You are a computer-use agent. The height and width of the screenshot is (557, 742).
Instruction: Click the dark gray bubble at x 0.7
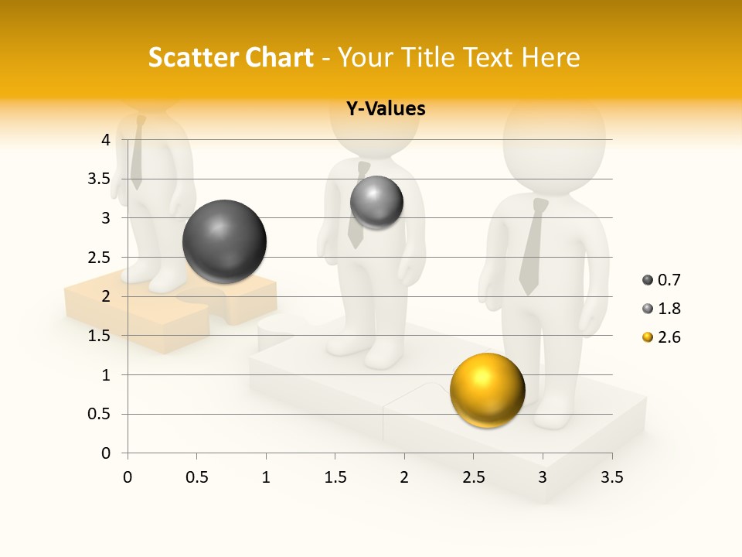pos(224,241)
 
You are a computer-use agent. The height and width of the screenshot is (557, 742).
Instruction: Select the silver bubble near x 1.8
pos(376,203)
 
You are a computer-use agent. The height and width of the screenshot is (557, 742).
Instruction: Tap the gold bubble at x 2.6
pos(487,391)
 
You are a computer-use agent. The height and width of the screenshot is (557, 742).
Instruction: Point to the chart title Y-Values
pos(385,109)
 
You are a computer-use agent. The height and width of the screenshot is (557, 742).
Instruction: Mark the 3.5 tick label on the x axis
pos(611,477)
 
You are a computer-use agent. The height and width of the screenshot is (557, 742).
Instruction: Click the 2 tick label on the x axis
pos(404,477)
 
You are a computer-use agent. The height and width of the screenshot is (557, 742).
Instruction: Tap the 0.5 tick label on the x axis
pos(196,477)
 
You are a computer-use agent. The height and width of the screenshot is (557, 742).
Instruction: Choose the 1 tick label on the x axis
pos(266,477)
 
